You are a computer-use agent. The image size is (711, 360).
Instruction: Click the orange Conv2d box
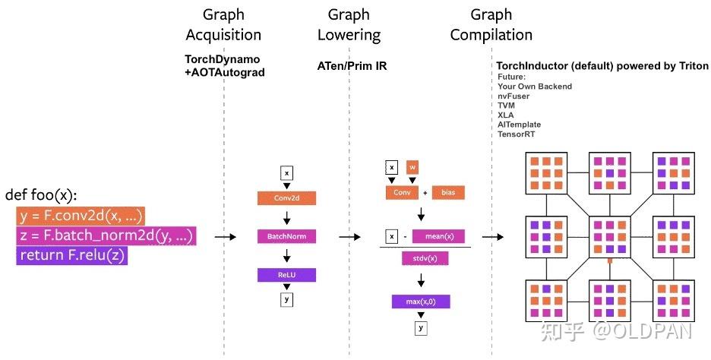(x=286, y=198)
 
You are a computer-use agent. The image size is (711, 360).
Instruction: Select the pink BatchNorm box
(x=286, y=236)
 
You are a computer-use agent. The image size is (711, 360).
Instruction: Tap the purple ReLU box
(x=286, y=274)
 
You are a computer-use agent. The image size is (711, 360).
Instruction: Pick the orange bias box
(x=447, y=193)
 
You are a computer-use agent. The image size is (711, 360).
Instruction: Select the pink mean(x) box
(x=438, y=236)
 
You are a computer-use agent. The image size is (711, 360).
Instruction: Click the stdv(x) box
(x=424, y=258)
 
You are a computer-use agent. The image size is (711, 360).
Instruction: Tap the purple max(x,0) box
(x=421, y=302)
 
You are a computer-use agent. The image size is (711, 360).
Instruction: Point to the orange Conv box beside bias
(x=401, y=193)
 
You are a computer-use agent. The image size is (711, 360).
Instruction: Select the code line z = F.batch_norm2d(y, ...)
(x=106, y=236)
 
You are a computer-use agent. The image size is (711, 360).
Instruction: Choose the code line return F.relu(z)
(x=72, y=256)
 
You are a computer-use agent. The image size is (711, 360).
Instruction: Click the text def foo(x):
(x=41, y=195)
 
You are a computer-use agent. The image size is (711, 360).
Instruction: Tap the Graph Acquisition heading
(x=223, y=25)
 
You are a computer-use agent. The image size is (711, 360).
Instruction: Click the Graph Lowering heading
(x=349, y=25)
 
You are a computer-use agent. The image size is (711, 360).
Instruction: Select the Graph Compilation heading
(x=491, y=25)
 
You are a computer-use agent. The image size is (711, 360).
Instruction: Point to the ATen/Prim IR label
(x=352, y=66)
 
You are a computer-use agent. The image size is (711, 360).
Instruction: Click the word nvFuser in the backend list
(x=513, y=96)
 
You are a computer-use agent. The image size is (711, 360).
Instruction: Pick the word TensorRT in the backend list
(x=517, y=133)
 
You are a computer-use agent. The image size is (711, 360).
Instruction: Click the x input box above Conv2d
(x=286, y=173)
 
